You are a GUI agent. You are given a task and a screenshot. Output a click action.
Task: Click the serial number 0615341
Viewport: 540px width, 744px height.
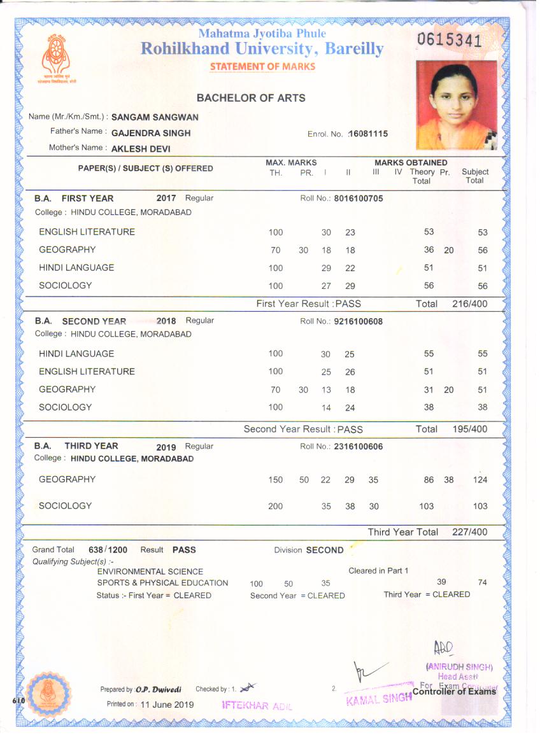click(x=449, y=41)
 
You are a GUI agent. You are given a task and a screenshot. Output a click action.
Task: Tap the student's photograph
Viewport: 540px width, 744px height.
click(x=456, y=104)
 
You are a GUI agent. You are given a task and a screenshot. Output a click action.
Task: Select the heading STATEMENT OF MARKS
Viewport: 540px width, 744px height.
click(x=262, y=67)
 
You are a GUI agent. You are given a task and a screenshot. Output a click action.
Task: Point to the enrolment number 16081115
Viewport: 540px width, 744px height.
click(x=367, y=134)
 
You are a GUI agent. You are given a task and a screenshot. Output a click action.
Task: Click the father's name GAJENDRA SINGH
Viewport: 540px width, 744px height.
click(x=151, y=133)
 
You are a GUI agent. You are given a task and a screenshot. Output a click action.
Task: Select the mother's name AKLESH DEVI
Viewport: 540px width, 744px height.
click(x=141, y=148)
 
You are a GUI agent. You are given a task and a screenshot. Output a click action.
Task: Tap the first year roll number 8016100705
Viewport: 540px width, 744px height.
click(x=359, y=199)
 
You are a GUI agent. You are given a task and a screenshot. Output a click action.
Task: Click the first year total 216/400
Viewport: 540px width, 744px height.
click(x=470, y=304)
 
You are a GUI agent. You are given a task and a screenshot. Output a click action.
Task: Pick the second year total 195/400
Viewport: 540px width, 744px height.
click(x=470, y=429)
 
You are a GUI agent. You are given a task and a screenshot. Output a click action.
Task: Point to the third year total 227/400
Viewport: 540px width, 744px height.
click(x=470, y=532)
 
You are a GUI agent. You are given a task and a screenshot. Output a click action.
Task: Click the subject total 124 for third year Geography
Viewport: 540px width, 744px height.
click(x=480, y=480)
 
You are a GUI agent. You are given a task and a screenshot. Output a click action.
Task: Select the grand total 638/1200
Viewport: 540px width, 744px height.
click(x=108, y=550)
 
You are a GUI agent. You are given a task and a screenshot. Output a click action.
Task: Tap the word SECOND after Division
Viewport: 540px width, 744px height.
click(x=325, y=550)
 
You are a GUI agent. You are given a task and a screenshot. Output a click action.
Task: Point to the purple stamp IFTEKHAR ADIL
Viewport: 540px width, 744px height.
click(x=255, y=706)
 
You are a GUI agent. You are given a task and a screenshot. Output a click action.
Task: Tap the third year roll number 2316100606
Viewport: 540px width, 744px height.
click(x=359, y=447)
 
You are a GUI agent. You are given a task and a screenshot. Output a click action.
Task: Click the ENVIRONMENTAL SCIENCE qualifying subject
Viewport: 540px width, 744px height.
click(x=150, y=572)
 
